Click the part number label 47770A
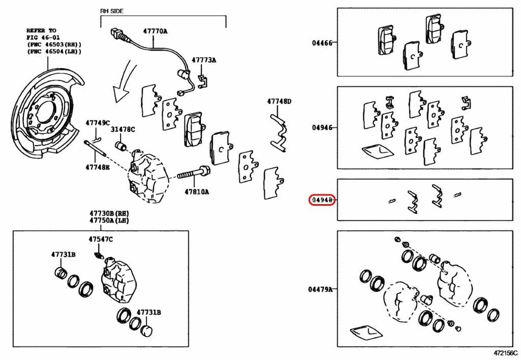155,31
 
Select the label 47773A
204,60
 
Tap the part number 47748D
279,101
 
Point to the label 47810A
196,192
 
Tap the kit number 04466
322,42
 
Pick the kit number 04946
322,128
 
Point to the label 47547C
101,239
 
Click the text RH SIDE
112,10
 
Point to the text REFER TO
42,31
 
